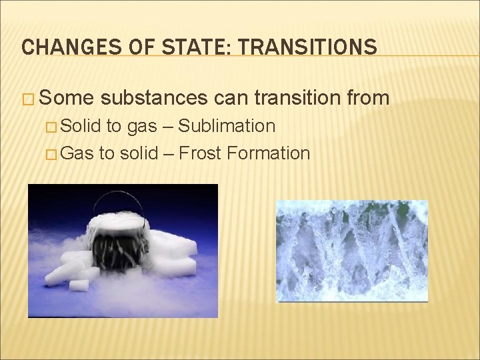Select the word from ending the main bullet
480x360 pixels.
[368, 98]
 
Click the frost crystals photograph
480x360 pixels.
[352, 251]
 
